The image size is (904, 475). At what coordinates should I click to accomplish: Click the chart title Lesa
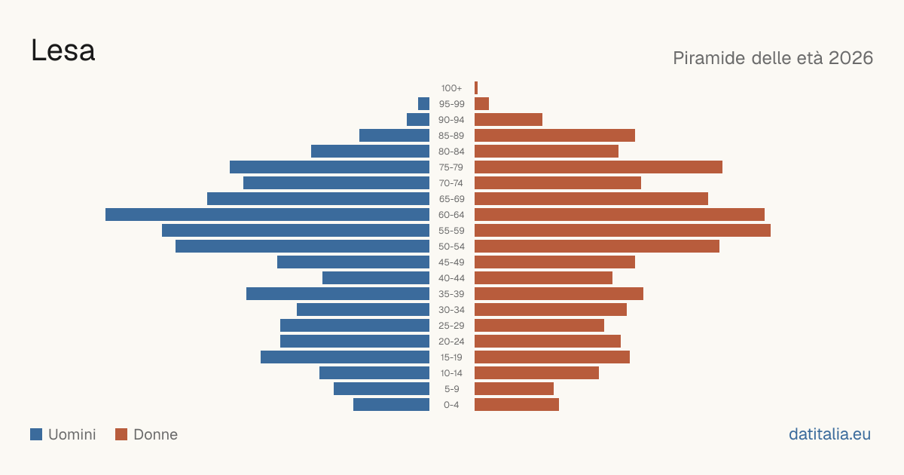pyautogui.click(x=63, y=51)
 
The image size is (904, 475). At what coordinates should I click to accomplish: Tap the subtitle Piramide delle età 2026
pyautogui.click(x=773, y=58)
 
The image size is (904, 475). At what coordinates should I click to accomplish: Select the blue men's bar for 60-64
pyautogui.click(x=267, y=214)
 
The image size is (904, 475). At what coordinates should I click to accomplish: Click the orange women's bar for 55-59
pyautogui.click(x=622, y=230)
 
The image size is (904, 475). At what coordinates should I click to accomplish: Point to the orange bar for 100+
pyautogui.click(x=476, y=87)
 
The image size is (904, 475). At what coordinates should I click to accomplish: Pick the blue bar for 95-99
pyautogui.click(x=423, y=103)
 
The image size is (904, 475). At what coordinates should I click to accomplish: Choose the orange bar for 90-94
pyautogui.click(x=508, y=120)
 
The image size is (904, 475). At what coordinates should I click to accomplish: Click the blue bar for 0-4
pyautogui.click(x=392, y=404)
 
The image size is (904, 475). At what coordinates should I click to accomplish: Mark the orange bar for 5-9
pyautogui.click(x=514, y=388)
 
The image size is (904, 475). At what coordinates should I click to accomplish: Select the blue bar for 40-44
pyautogui.click(x=376, y=278)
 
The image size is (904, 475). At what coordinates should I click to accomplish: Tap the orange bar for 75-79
pyautogui.click(x=598, y=167)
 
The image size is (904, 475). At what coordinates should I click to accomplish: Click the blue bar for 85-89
pyautogui.click(x=394, y=135)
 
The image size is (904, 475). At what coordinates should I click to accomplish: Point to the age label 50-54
pyautogui.click(x=451, y=247)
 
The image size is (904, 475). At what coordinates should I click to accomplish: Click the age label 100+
pyautogui.click(x=451, y=88)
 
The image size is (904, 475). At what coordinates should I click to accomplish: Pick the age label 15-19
pyautogui.click(x=451, y=357)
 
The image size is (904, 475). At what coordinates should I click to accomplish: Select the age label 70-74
pyautogui.click(x=451, y=183)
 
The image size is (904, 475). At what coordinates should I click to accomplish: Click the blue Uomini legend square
pyautogui.click(x=36, y=434)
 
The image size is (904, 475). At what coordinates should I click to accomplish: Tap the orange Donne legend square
pyautogui.click(x=121, y=434)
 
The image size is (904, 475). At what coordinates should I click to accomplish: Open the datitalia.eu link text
pyautogui.click(x=829, y=434)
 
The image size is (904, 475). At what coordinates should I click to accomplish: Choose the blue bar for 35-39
pyautogui.click(x=337, y=293)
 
